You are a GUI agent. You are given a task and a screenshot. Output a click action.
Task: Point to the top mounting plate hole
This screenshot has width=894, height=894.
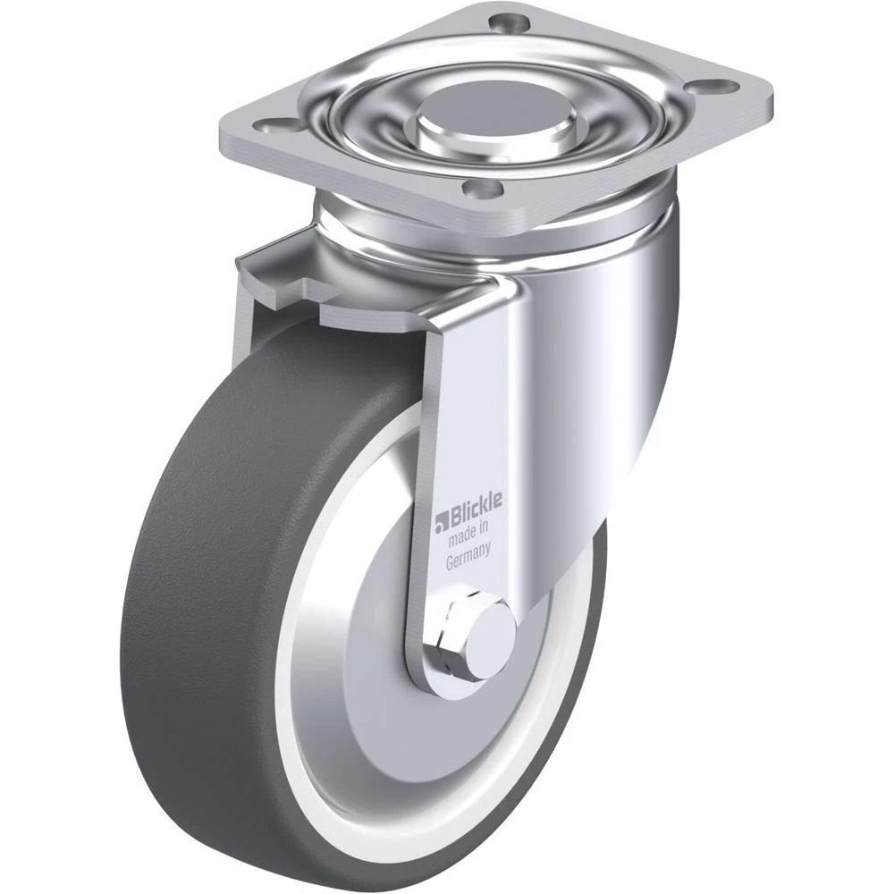coord(509,23)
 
